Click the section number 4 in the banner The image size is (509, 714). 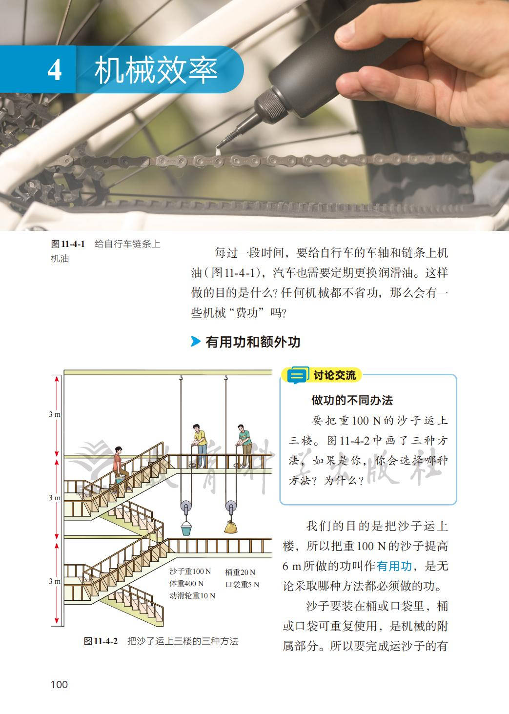point(55,70)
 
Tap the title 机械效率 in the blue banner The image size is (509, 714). point(156,70)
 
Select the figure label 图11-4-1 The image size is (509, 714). point(68,244)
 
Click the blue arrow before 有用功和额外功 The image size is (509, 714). point(195,341)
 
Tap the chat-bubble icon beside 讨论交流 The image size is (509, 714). point(298,375)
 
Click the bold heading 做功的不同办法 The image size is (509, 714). point(352,400)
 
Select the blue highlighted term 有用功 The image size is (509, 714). point(394,567)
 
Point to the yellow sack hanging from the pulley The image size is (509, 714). point(231,527)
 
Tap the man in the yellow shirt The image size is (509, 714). point(200,445)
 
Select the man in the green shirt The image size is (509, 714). point(244,446)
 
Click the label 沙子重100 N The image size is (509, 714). point(190,571)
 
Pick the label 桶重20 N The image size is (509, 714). point(240,572)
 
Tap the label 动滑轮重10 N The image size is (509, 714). point(192,596)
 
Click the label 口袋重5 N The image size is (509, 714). point(242,585)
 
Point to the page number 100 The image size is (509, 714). point(59,684)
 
